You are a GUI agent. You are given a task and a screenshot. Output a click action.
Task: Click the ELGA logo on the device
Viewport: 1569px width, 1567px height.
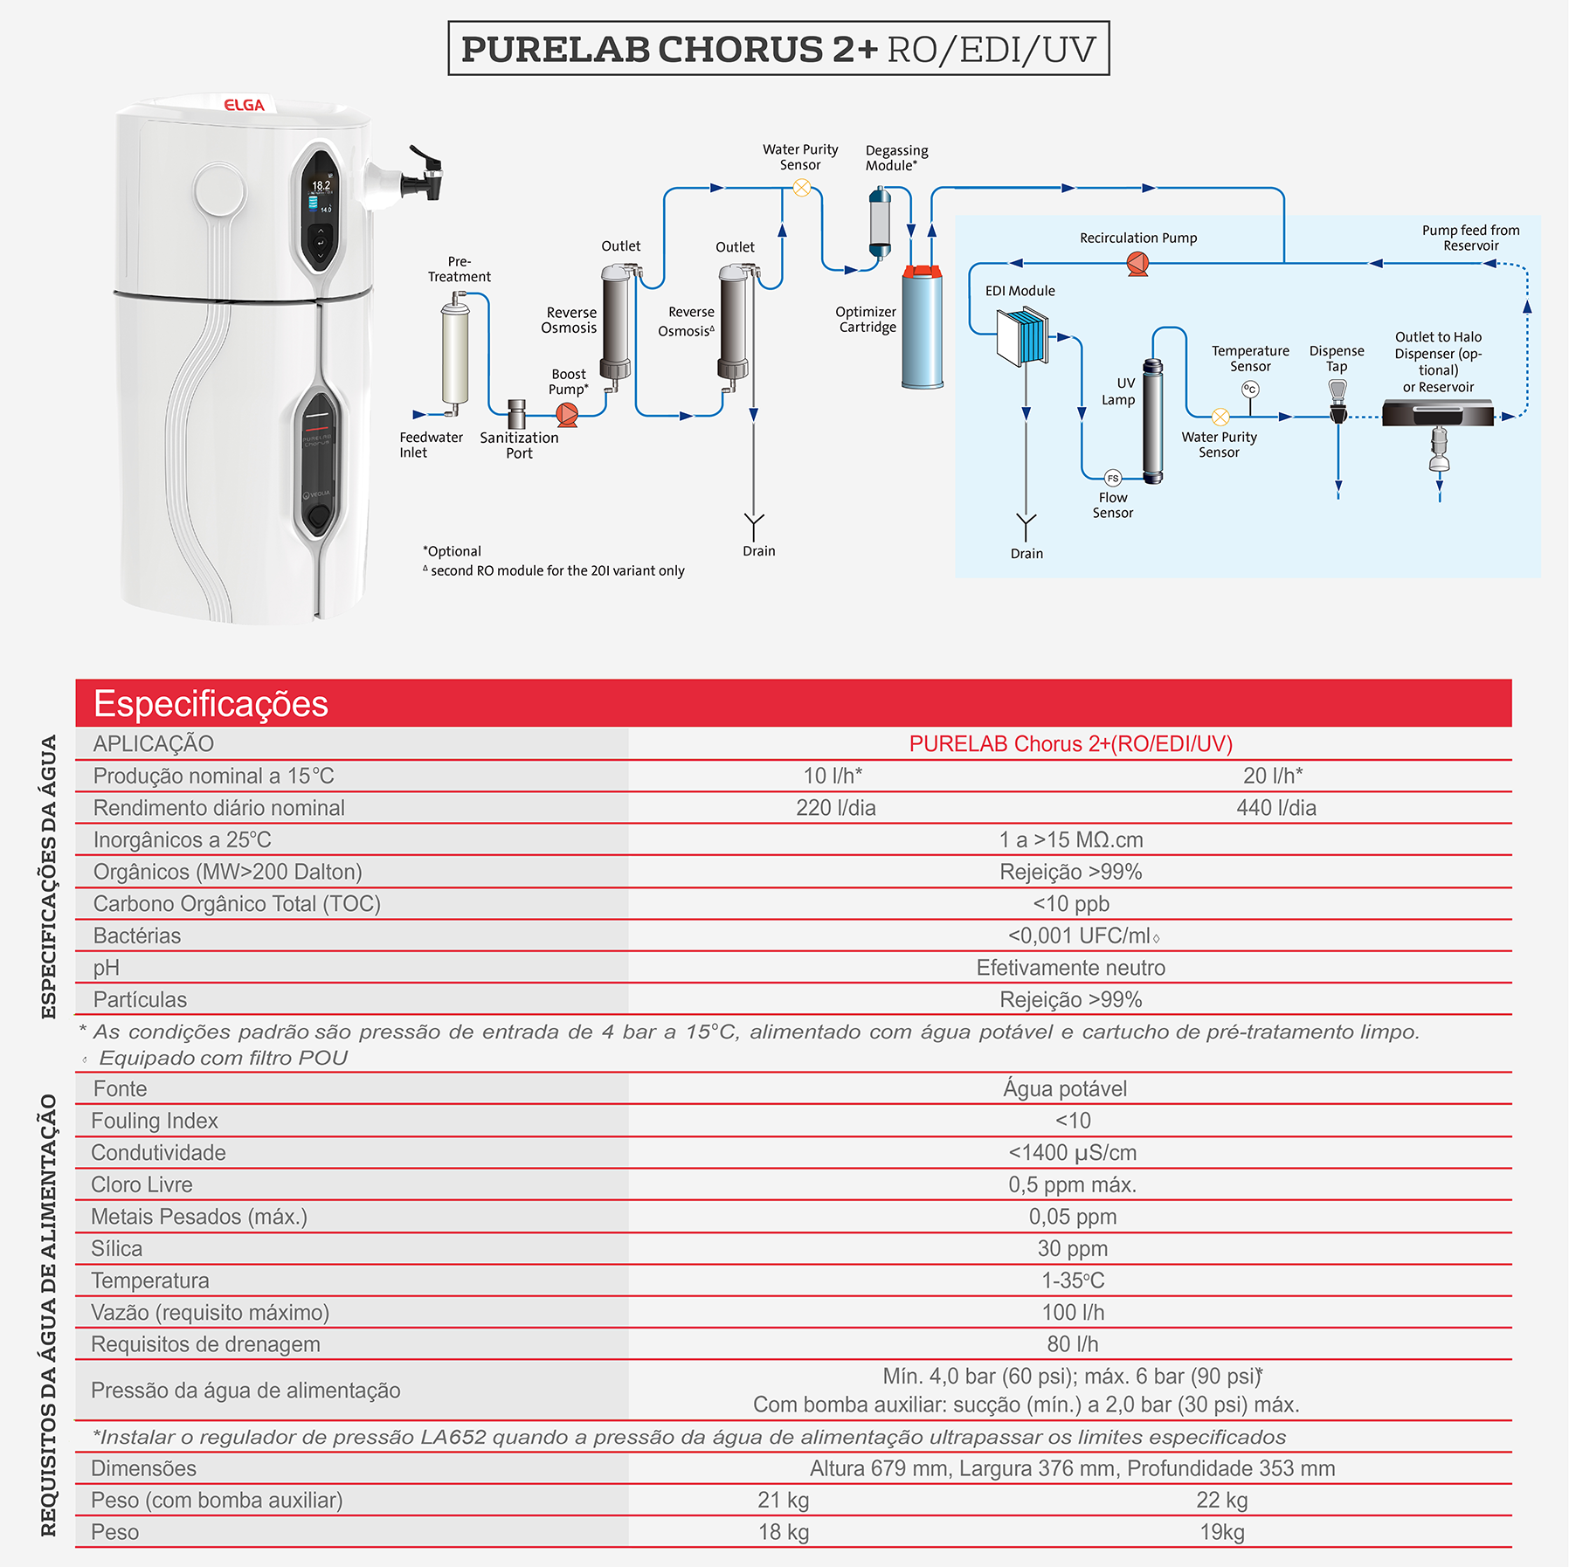tap(244, 105)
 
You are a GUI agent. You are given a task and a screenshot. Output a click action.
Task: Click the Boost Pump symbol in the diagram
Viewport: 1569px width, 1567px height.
tap(568, 414)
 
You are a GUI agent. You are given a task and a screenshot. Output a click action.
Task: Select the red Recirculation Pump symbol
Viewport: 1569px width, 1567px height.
tap(1137, 263)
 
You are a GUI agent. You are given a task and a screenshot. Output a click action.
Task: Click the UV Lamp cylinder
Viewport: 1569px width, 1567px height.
tap(1153, 421)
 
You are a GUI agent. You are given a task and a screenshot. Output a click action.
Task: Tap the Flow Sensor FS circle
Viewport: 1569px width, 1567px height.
tap(1112, 478)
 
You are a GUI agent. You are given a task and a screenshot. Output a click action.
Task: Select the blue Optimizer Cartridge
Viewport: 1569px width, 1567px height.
tap(923, 327)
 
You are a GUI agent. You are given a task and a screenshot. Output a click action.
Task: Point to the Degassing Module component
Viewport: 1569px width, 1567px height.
tap(880, 222)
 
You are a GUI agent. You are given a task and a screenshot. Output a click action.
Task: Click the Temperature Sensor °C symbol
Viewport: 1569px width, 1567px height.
tap(1250, 390)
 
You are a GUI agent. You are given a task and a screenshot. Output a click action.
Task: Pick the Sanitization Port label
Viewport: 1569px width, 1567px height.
tap(519, 445)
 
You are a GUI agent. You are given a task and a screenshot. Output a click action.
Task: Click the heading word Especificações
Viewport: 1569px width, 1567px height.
tap(211, 704)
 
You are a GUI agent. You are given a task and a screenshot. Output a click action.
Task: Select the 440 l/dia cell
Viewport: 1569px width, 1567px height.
tap(1276, 808)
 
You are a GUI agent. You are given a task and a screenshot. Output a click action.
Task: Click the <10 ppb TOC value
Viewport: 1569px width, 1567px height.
tap(1071, 904)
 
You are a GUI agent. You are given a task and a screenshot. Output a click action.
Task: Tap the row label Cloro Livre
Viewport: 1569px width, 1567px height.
tap(142, 1184)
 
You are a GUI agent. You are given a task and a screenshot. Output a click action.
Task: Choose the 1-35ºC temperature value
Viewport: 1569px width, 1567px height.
tap(1073, 1281)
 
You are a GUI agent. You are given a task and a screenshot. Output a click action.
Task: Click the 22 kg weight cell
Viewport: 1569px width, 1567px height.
tap(1221, 1500)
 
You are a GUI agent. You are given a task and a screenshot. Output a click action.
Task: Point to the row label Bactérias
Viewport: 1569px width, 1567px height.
tap(137, 935)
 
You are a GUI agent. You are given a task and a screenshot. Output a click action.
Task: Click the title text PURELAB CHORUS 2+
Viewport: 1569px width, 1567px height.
tap(669, 49)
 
